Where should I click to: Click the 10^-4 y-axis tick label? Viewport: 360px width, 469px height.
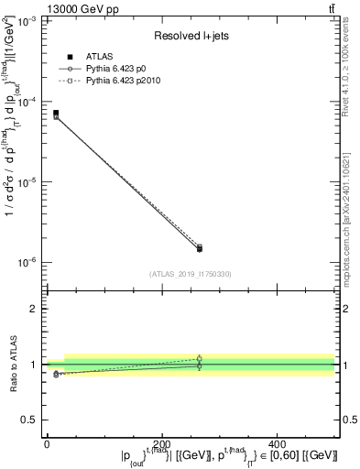(x=27, y=101)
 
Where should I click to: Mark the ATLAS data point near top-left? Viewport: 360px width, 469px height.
(x=56, y=113)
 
